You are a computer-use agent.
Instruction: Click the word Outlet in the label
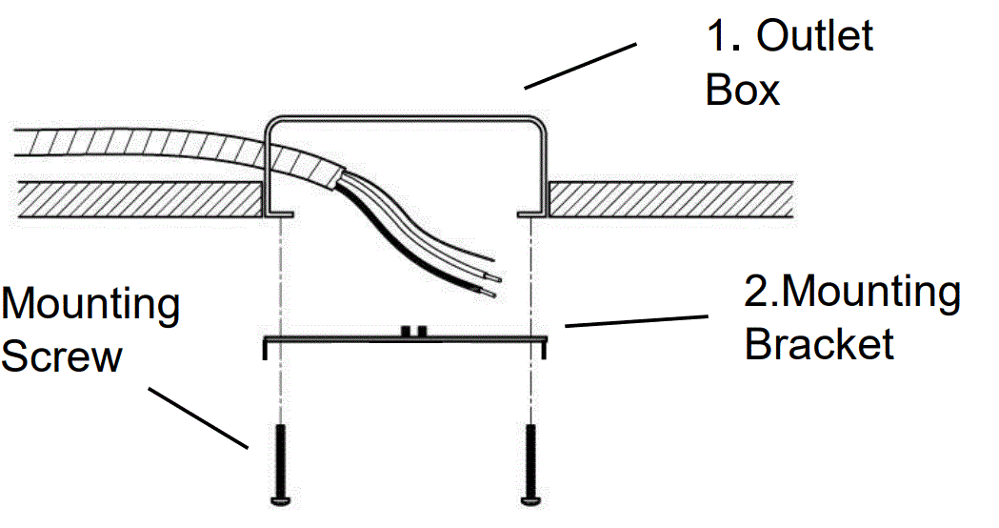(815, 38)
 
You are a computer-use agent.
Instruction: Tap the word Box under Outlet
(742, 91)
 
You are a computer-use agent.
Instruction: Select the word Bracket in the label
(819, 343)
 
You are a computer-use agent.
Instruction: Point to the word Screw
(62, 356)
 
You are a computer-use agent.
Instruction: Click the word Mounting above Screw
(90, 305)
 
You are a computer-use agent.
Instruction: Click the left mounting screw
(280, 463)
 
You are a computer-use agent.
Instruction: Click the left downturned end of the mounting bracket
(266, 348)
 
